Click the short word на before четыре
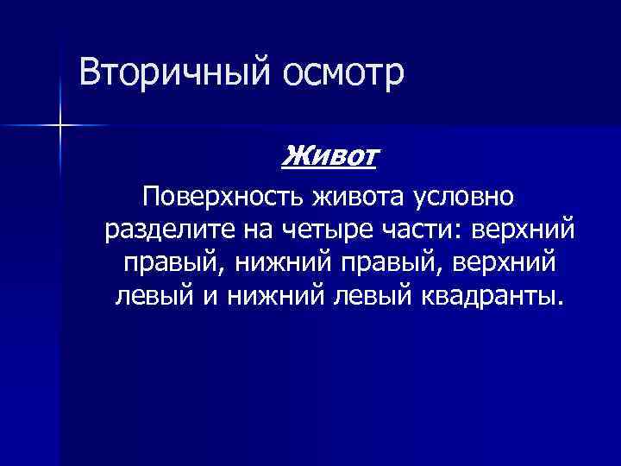(249, 230)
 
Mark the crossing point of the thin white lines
(61, 126)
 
